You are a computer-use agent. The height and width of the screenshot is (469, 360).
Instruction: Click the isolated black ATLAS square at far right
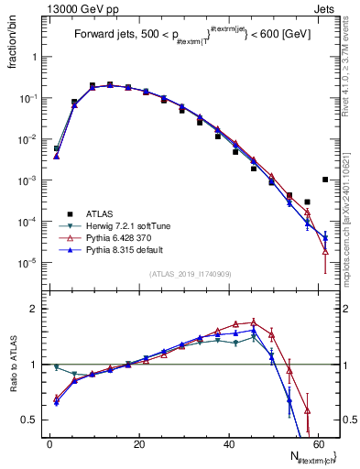(x=325, y=180)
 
